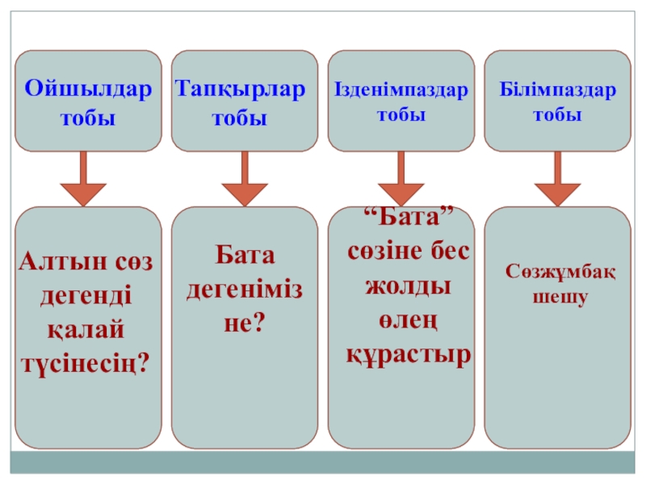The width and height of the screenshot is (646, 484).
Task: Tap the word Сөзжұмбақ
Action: (x=560, y=272)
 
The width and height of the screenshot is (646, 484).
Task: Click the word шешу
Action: (x=560, y=296)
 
